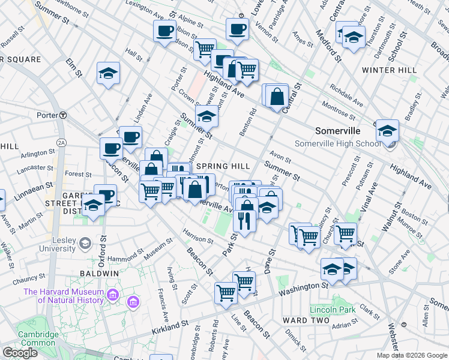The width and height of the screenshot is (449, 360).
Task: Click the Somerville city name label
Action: point(338,131)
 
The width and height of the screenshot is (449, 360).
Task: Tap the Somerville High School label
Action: point(337,143)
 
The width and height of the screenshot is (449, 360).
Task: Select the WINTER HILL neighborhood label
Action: point(389,70)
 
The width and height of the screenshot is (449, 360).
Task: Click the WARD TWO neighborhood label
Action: point(307,320)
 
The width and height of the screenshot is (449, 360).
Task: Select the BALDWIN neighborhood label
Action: point(98,273)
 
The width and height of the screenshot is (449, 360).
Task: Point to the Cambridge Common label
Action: point(37,339)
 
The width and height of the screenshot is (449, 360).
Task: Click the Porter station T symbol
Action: point(62,115)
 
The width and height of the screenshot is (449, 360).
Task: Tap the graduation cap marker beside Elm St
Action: point(109,73)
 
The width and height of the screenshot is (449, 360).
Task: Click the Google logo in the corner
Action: point(20,353)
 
